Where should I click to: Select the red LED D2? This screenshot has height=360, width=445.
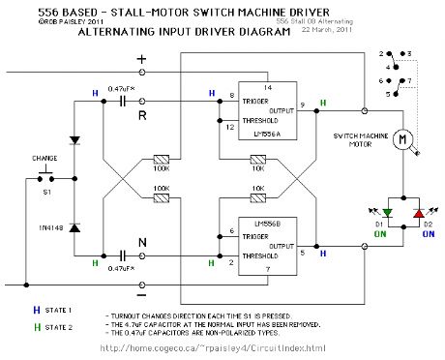click(416, 213)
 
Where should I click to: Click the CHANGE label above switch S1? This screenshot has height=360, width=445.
click(44, 157)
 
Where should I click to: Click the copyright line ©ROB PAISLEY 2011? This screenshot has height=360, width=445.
click(44, 18)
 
